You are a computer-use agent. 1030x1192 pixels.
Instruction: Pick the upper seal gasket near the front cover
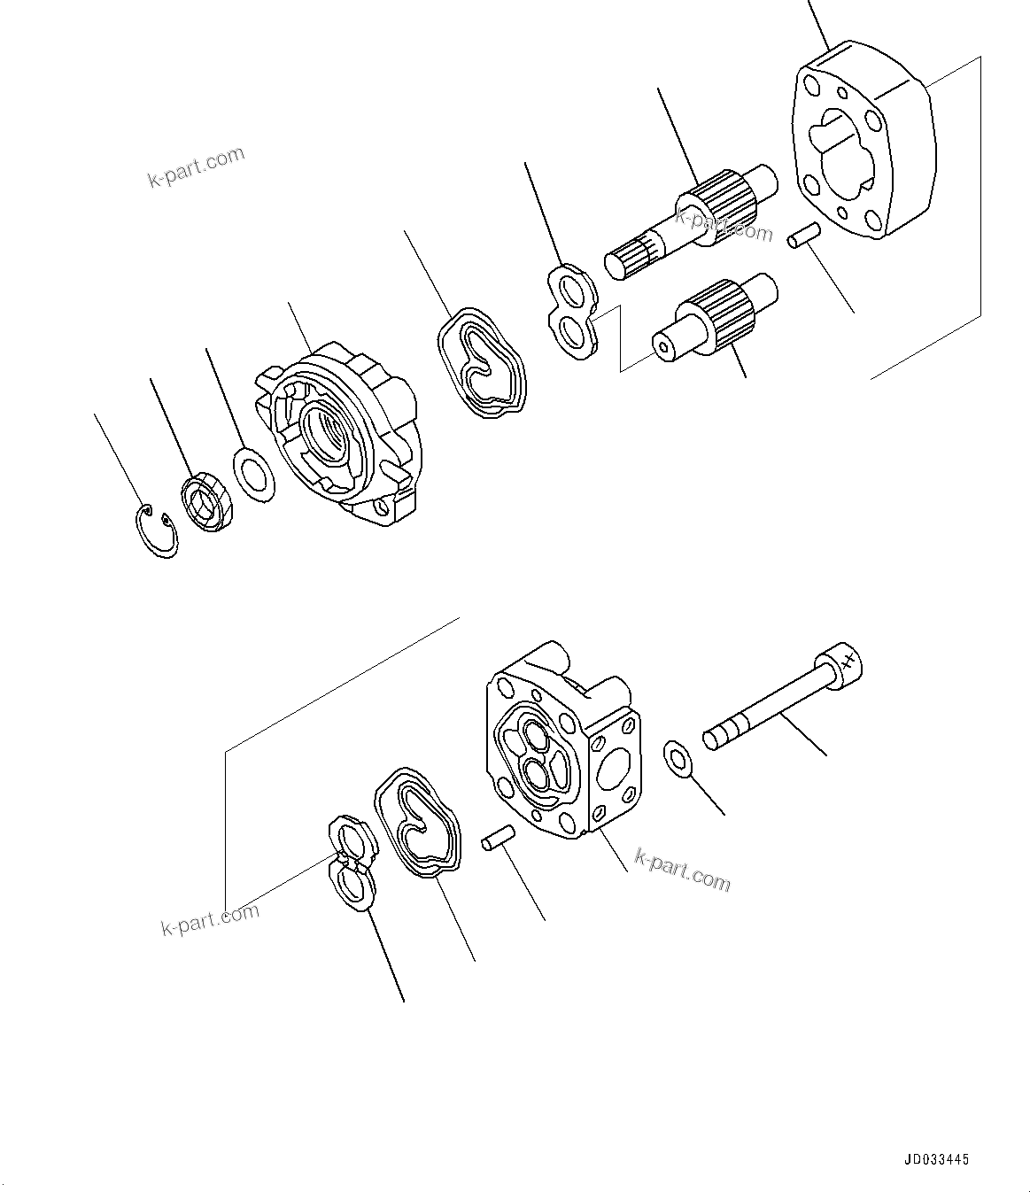481,363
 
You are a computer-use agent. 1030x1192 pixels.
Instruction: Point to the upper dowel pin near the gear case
804,235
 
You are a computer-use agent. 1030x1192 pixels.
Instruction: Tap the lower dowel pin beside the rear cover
498,839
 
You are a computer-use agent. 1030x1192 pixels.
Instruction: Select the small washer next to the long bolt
679,758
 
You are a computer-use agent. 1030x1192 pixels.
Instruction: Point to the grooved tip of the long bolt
719,734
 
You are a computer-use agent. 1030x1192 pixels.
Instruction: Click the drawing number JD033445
937,1158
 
